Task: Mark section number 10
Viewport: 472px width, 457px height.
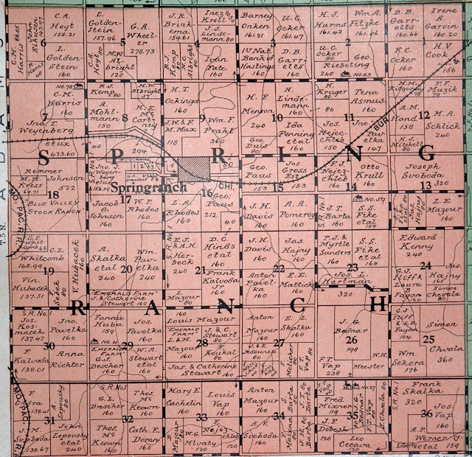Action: (x=278, y=117)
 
